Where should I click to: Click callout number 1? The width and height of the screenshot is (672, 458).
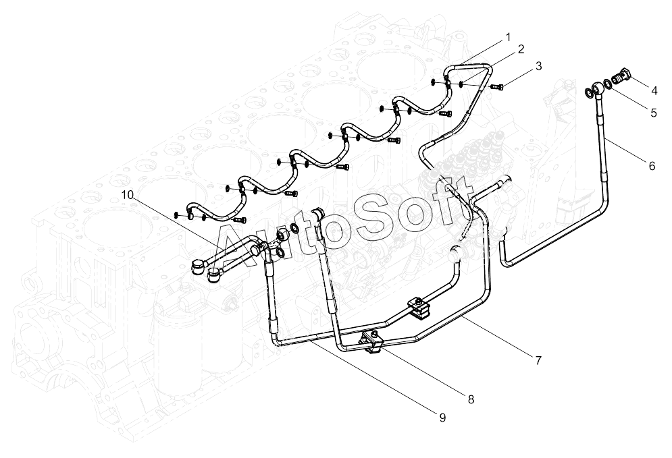[x=509, y=37]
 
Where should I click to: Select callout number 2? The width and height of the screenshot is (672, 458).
[x=521, y=49]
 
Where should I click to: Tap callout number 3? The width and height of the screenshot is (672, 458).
[x=539, y=66]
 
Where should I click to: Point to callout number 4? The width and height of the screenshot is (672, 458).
[x=654, y=90]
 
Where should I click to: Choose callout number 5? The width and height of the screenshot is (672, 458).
[x=654, y=113]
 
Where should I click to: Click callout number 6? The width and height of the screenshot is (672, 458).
[x=652, y=166]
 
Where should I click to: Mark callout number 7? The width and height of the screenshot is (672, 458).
[x=538, y=360]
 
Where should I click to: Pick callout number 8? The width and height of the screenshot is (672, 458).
[x=471, y=399]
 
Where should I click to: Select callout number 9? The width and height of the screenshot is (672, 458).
[x=443, y=418]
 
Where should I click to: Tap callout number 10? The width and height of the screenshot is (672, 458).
[x=127, y=195]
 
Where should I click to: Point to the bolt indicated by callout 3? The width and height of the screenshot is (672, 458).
[x=497, y=87]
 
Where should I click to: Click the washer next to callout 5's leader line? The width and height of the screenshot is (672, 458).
[x=607, y=83]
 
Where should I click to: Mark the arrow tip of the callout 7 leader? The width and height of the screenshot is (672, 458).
[x=461, y=317]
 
